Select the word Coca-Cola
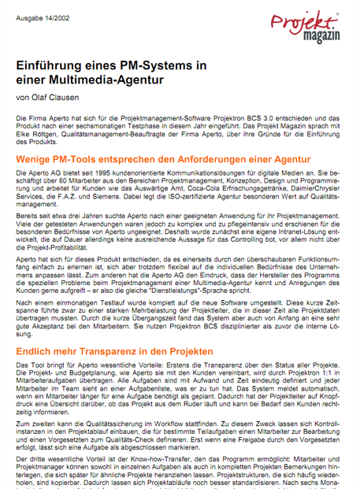[x=194, y=189]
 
